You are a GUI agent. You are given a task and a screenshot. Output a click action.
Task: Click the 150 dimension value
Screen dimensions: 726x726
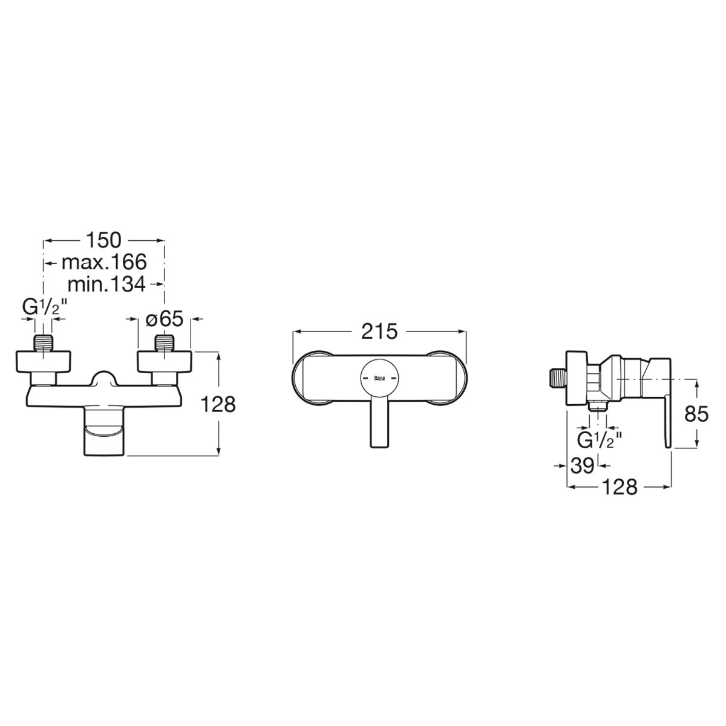[104, 240]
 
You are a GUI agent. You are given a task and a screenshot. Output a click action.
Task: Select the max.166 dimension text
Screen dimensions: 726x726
[104, 262]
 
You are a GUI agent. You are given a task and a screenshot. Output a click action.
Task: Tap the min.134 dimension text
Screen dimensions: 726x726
[106, 284]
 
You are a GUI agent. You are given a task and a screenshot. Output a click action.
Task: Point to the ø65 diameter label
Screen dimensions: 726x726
[165, 319]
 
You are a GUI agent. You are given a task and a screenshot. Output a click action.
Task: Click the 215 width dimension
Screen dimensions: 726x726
[379, 332]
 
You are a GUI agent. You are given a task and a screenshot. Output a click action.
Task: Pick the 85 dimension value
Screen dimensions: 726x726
[696, 414]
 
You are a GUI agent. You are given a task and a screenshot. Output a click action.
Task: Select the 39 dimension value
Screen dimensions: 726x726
[583, 466]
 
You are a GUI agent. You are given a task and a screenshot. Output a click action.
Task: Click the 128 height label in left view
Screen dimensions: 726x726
[218, 405]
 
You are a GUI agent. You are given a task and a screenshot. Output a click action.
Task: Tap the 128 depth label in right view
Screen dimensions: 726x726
[620, 487]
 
